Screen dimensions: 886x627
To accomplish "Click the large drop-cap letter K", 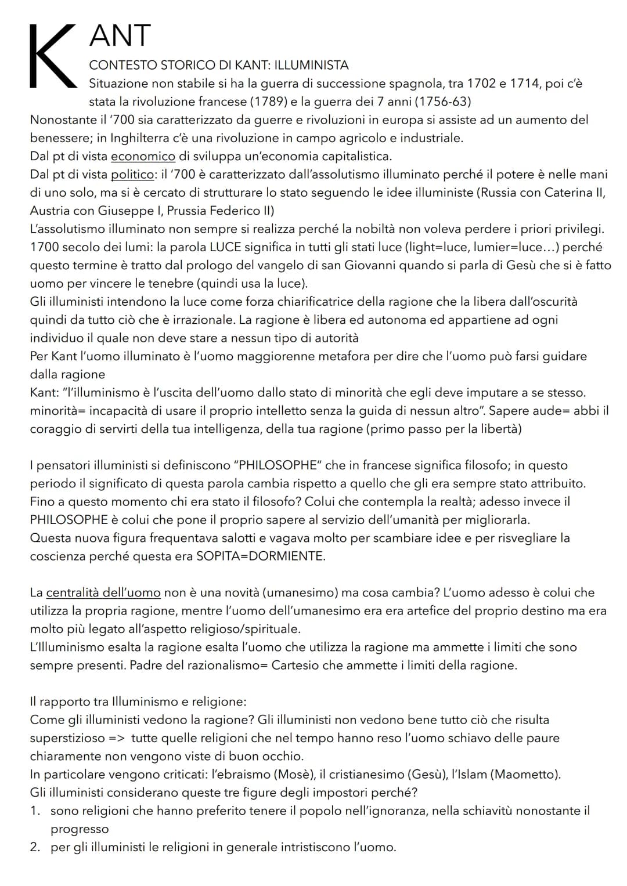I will click(52, 57).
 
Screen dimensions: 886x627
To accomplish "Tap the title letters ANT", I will click(120, 36).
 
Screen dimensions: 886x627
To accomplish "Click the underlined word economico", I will click(143, 156).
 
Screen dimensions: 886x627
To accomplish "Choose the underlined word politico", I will click(132, 174).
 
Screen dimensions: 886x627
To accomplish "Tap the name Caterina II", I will click(574, 193).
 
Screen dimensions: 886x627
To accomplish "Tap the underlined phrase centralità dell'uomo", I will click(103, 592).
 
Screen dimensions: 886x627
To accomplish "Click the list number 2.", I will click(35, 847).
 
